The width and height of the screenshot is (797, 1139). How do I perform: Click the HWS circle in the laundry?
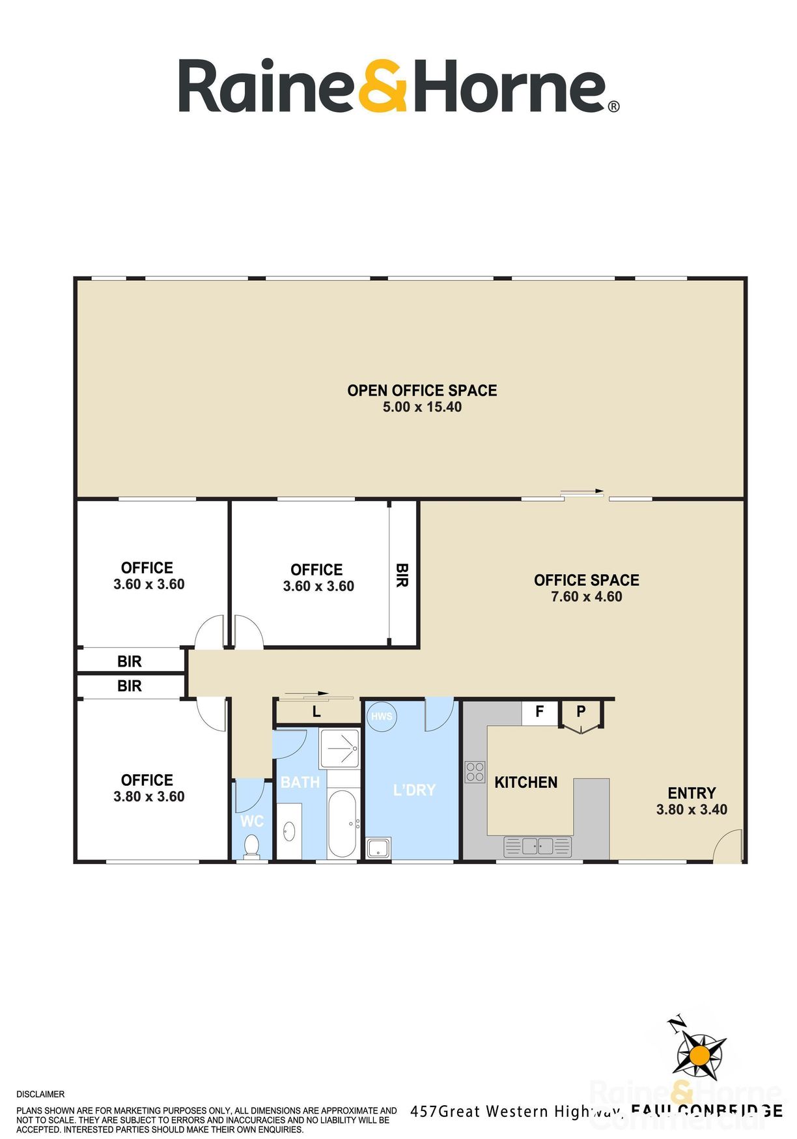click(381, 717)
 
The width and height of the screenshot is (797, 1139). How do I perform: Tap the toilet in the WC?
click(251, 846)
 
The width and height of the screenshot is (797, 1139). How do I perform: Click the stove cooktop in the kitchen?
click(475, 772)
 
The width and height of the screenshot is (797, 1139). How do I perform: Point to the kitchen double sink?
click(538, 846)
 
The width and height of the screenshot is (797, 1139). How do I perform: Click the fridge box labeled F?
click(539, 712)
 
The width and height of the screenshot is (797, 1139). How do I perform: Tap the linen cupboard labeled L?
click(317, 712)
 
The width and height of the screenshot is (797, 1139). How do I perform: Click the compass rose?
click(699, 1054)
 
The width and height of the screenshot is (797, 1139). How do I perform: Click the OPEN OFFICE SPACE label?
click(422, 390)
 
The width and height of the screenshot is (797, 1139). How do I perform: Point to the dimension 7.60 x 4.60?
click(586, 596)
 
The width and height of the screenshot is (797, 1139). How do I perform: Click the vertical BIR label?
click(402, 575)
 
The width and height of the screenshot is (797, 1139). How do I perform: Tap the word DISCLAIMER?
click(40, 1094)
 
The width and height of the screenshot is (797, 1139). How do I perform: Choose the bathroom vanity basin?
click(288, 831)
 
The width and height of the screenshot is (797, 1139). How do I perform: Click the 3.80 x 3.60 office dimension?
click(149, 796)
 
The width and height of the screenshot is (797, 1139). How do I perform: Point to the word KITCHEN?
click(525, 782)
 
